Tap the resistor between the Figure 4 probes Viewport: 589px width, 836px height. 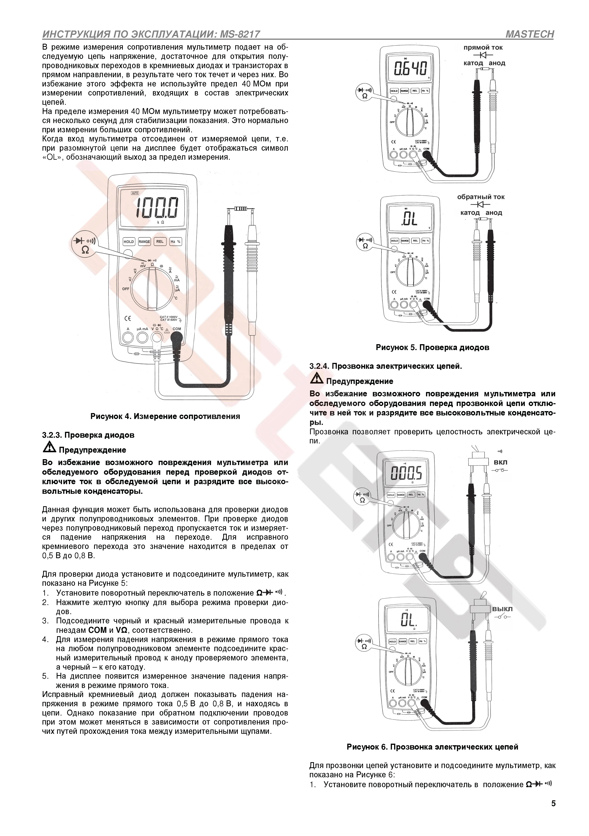point(240,209)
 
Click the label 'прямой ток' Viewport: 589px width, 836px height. point(483,47)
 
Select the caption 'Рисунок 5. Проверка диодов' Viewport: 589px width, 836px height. point(432,347)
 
